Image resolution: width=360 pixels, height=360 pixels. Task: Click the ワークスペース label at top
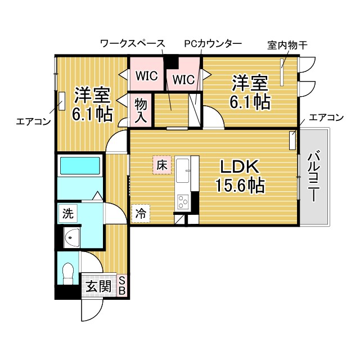coord(132,43)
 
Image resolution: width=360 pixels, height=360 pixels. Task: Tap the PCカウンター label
coord(213,43)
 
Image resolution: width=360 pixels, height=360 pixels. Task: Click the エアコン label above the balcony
coord(326,118)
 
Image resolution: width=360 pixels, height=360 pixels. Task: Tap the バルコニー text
coord(315,177)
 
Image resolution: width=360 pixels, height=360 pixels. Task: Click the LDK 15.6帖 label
coord(238,175)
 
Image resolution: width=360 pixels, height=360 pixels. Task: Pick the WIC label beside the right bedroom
coord(183,79)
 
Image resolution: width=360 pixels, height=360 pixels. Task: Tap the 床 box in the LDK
coord(161,165)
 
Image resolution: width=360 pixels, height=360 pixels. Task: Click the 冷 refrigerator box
coord(141,213)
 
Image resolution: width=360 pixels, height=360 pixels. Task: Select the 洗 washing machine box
coord(67,214)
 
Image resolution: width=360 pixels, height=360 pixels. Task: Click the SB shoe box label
coord(123,286)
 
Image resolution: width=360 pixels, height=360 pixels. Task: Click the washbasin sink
coord(71,237)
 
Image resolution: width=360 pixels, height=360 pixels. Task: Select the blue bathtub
coord(79,166)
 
